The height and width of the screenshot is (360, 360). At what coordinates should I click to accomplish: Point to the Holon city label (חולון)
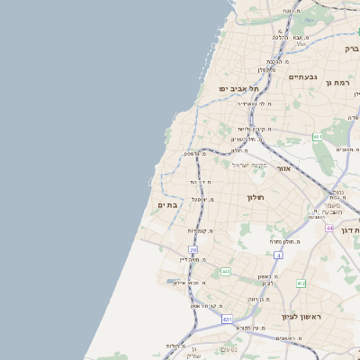[255, 196]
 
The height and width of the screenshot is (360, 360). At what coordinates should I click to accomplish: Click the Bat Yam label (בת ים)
[167, 205]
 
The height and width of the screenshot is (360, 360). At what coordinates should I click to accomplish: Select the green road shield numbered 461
[318, 137]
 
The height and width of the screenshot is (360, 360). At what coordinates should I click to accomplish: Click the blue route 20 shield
[193, 250]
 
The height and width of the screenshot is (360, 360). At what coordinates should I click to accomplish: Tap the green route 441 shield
[225, 271]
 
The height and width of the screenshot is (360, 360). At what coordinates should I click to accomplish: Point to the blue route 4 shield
[279, 256]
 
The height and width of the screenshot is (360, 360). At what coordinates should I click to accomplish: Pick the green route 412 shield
[301, 283]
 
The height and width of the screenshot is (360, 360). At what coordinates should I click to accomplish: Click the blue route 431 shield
[227, 319]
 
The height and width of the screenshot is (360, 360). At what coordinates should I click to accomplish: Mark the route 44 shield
[330, 229]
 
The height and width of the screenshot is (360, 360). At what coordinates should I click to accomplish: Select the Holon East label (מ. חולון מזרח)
[265, 241]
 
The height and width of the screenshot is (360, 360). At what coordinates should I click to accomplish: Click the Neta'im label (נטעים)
[229, 349]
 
